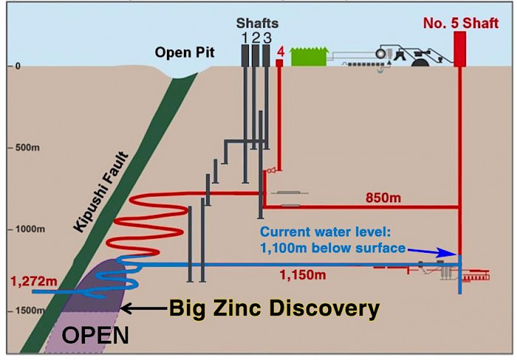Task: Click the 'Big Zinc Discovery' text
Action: pyautogui.click(x=274, y=308)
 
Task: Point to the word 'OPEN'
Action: pyautogui.click(x=95, y=336)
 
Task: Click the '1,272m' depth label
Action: pyautogui.click(x=33, y=280)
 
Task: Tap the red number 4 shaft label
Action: pyautogui.click(x=280, y=52)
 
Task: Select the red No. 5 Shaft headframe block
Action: pyautogui.click(x=459, y=50)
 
